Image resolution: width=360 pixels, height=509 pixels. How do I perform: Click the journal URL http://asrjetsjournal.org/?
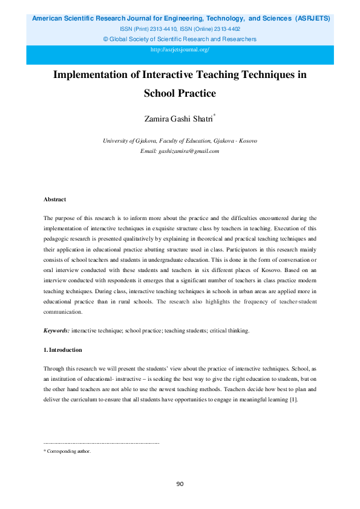tap(180, 50)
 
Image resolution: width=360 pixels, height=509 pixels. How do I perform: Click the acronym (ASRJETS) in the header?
tap(313, 19)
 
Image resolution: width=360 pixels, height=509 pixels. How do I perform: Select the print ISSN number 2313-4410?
tap(155, 29)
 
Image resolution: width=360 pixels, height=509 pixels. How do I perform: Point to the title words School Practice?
tap(180, 94)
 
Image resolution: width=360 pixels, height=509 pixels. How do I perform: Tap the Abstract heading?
tap(54, 199)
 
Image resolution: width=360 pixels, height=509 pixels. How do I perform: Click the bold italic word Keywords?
tap(56, 331)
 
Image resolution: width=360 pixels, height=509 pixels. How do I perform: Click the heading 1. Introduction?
tap(62, 350)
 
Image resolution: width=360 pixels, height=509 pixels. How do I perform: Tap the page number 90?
tap(180, 484)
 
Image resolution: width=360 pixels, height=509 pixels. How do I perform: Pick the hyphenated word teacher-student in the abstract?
tap(296, 302)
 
